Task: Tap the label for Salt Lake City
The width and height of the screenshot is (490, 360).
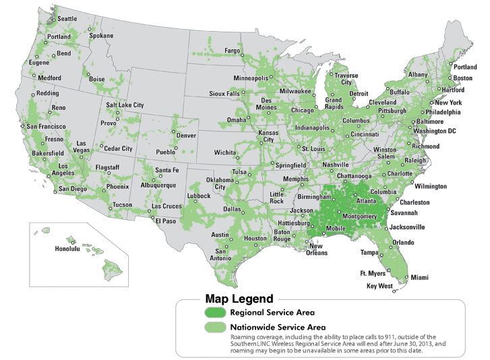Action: pyautogui.click(x=124, y=105)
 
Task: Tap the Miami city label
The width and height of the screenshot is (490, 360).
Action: pyautogui.click(x=419, y=277)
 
